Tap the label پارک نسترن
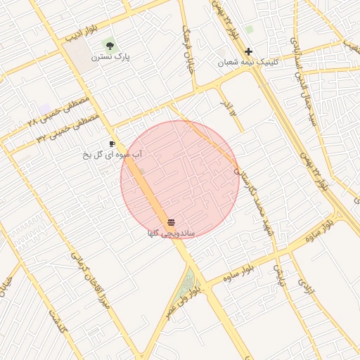pyautogui.click(x=115, y=57)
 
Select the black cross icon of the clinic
pyautogui.click(x=248, y=51)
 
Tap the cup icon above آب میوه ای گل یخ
pyautogui.click(x=112, y=143)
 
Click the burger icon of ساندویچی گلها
pyautogui.click(x=172, y=223)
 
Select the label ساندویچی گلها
pyautogui.click(x=171, y=233)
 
